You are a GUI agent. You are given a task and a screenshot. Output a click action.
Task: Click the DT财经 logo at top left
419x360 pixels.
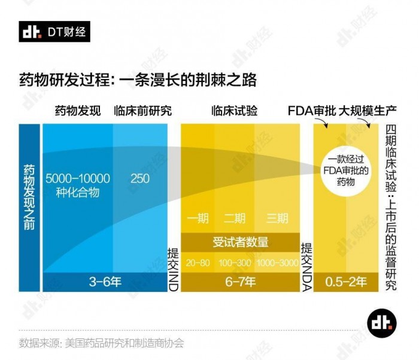[54, 32]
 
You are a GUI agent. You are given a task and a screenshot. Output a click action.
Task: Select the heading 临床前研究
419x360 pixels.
[142, 111]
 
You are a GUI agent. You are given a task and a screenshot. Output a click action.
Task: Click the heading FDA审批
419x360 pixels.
[307, 111]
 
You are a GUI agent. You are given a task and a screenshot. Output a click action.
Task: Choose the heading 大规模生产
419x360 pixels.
[359, 111]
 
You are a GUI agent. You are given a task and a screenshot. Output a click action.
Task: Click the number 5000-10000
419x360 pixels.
[78, 178]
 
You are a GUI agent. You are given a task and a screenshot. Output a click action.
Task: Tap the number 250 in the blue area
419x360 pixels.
[140, 178]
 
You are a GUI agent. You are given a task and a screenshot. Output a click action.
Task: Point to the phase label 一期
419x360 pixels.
[198, 218]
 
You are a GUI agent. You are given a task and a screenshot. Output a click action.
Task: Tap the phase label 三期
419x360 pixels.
[277, 218]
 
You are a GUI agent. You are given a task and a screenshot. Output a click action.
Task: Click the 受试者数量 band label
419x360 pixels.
[240, 242]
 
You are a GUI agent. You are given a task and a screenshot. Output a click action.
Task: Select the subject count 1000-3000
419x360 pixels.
[277, 263]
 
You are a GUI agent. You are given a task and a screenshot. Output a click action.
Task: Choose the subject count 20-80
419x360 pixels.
[198, 263]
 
